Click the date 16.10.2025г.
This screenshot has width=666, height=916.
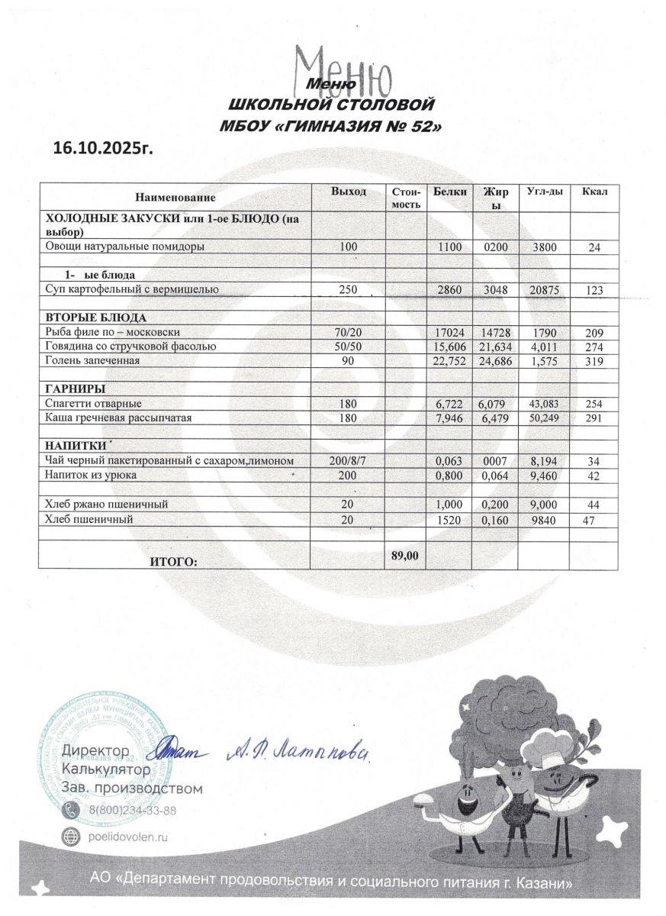[x=103, y=147]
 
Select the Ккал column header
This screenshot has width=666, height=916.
[x=594, y=191]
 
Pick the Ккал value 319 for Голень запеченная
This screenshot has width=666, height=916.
[x=594, y=361]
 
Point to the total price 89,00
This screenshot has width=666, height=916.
[x=404, y=556]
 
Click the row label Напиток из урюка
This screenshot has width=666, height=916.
[x=89, y=476]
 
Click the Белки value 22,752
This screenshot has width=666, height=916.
[x=449, y=361]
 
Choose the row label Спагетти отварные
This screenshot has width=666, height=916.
[x=94, y=403]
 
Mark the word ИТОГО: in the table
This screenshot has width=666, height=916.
[x=174, y=562]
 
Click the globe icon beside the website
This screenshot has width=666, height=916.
[x=71, y=837]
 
